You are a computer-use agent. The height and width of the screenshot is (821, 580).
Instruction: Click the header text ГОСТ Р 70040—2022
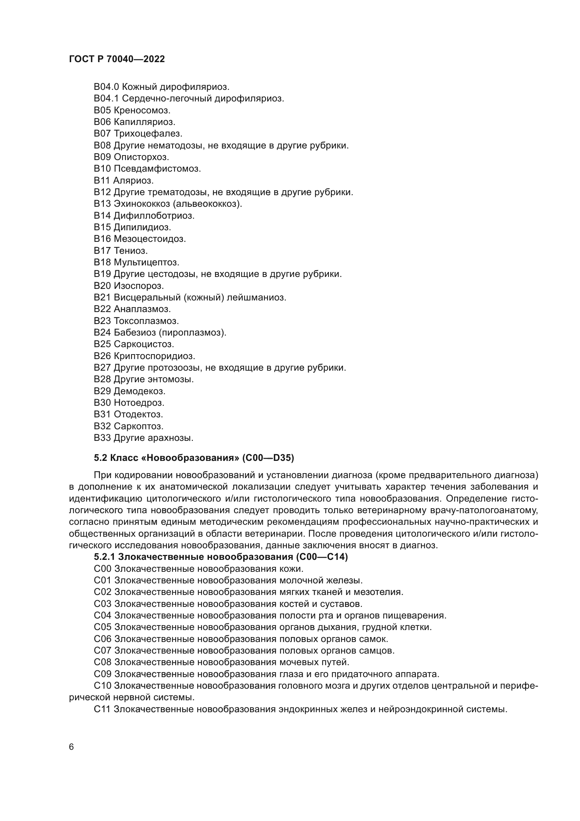[x=117, y=59]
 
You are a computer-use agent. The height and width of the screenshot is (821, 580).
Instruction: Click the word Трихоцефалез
[x=148, y=133]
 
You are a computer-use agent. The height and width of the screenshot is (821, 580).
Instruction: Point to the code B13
[x=102, y=204]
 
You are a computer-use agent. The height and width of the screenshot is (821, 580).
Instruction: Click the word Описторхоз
[x=141, y=157]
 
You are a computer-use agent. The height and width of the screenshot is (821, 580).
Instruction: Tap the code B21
[x=102, y=297]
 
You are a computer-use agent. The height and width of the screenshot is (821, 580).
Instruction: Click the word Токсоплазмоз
[x=147, y=321]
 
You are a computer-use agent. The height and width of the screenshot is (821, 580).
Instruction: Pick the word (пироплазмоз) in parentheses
[x=193, y=332]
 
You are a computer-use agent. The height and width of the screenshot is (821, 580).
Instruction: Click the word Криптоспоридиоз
[x=154, y=356]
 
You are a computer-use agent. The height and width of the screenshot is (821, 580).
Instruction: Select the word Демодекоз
[x=140, y=391]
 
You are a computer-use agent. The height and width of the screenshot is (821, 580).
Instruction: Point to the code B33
[x=102, y=438]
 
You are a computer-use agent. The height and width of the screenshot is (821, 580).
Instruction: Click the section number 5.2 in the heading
[x=100, y=458]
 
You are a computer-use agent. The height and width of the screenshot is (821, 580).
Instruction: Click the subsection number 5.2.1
[x=104, y=557]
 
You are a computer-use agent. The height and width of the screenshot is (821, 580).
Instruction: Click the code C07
[x=102, y=650]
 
